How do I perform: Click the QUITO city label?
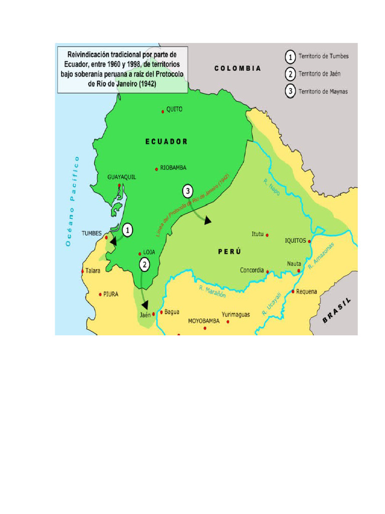[174, 109]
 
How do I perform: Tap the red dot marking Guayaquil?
[119, 186]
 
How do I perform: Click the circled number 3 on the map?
[187, 191]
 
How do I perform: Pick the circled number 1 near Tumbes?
[128, 230]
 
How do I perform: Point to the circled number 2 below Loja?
[144, 265]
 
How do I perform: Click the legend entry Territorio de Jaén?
[319, 74]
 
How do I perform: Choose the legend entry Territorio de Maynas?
[323, 91]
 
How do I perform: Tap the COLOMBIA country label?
[238, 68]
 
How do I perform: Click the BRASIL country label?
[337, 310]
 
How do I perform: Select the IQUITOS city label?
[295, 240]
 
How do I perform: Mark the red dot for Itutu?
[267, 234]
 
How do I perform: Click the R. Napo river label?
[272, 187]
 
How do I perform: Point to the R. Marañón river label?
[213, 292]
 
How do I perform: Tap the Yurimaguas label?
[236, 315]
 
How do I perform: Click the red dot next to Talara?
[83, 271]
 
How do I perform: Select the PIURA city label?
[111, 295]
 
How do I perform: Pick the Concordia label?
[252, 270]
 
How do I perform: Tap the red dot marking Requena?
[293, 291]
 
